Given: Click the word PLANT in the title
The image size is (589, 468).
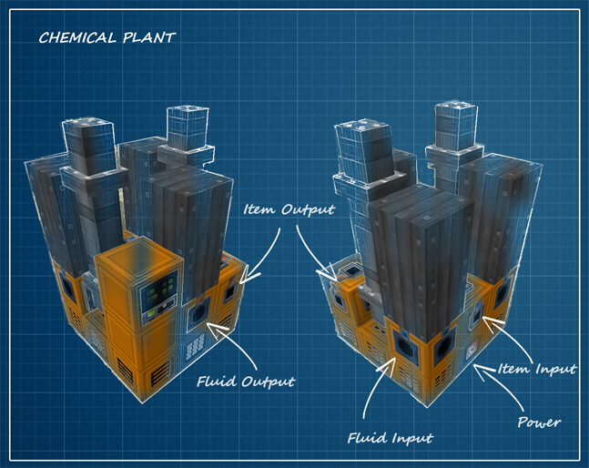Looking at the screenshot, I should [151, 37].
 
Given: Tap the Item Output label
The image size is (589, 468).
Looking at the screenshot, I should [289, 209].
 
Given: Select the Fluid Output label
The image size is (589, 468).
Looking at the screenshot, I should [246, 382].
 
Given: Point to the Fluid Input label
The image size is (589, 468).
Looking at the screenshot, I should [390, 438].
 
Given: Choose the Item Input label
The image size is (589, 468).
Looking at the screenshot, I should [536, 369].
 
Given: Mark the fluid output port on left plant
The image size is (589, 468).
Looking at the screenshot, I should [195, 316].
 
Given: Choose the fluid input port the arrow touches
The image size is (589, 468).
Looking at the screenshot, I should [401, 345].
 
